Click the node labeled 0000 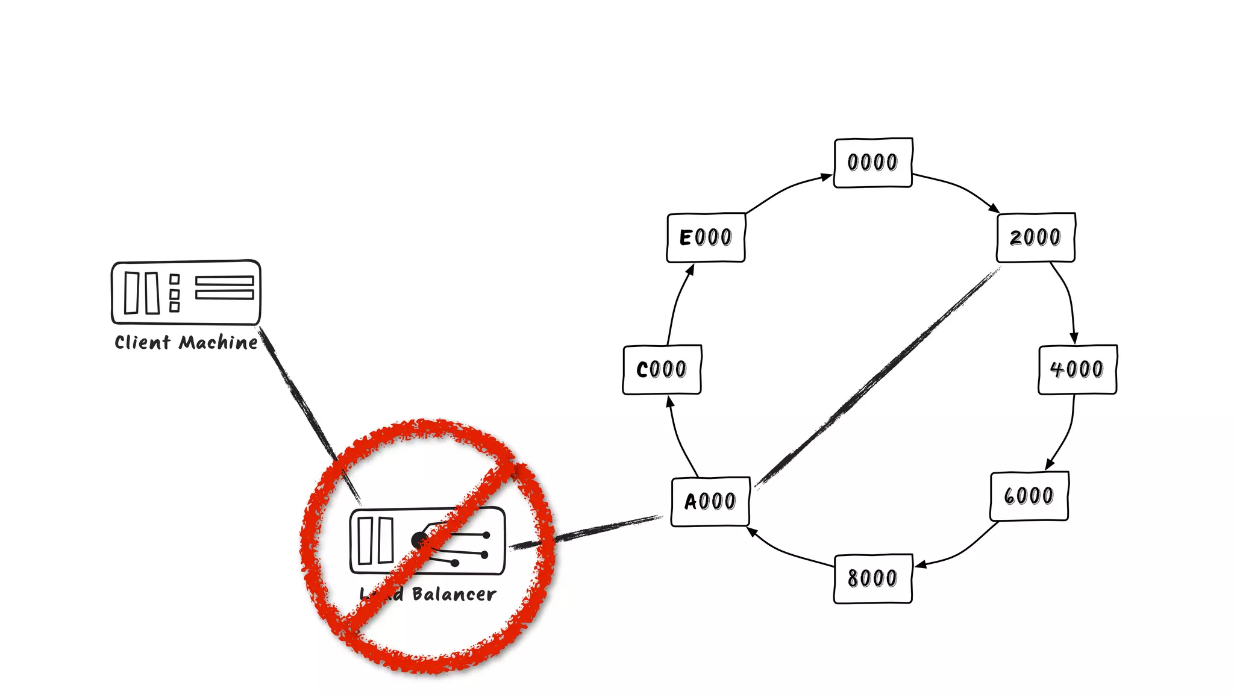872,163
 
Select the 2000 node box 1036,237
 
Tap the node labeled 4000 1077,369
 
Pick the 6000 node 1029,496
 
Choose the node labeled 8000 872,578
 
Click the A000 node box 710,501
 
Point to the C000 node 662,369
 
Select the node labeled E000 706,237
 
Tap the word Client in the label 143,343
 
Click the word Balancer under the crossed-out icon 454,595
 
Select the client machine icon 186,293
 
